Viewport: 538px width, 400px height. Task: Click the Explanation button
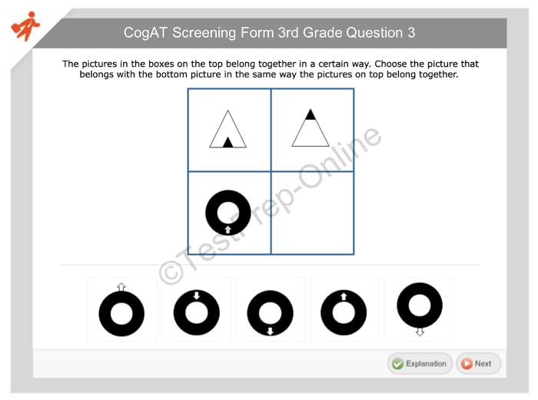point(420,363)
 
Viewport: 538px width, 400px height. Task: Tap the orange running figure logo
point(25,26)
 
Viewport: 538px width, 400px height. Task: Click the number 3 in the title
point(411,33)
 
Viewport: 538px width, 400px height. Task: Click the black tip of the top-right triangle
point(311,115)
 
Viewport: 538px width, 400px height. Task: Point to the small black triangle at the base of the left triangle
point(227,142)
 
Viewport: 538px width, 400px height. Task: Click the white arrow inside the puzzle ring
point(227,230)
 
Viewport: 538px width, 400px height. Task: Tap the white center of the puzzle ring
point(227,213)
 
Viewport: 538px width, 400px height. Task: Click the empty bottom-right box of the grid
point(313,213)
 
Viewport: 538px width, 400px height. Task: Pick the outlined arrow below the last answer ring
point(420,332)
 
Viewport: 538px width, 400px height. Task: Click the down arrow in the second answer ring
point(196,295)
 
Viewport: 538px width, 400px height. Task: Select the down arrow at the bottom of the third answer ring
point(270,331)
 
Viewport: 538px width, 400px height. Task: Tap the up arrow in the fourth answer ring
point(344,296)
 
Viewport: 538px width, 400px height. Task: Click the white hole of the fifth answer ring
point(420,305)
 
